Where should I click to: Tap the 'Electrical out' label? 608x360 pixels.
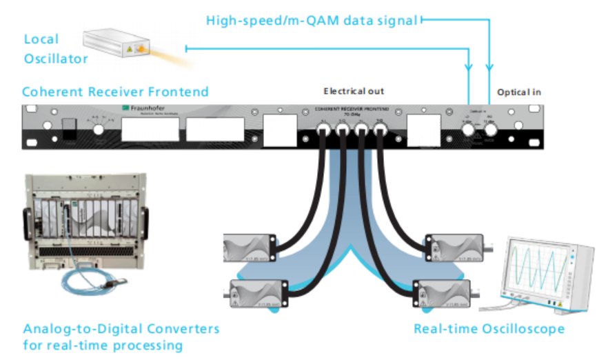(354, 91)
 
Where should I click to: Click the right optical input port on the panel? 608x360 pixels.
(492, 129)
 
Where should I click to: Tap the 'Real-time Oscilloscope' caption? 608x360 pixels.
(489, 328)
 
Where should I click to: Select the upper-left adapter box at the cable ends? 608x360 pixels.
(251, 247)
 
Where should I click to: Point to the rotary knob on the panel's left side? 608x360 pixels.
(93, 127)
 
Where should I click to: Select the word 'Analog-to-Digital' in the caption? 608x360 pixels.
(82, 328)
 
